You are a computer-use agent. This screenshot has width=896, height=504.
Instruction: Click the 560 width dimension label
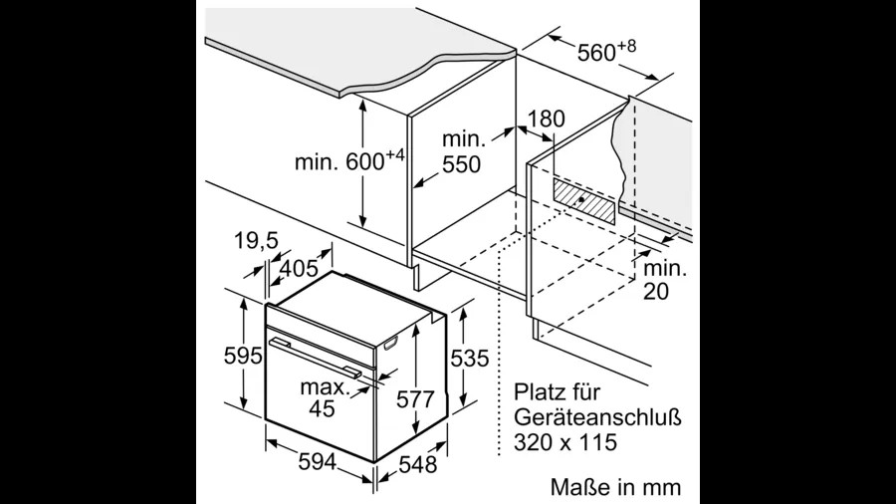click(x=606, y=50)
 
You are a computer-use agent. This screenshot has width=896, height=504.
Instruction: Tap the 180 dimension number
click(x=546, y=119)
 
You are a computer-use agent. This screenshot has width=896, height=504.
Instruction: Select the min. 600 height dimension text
click(x=349, y=160)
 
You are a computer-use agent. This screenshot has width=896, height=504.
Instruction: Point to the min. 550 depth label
click(x=462, y=152)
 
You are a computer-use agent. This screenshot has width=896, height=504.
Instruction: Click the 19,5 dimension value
click(x=256, y=241)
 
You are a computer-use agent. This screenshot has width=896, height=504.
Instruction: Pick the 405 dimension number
click(x=298, y=267)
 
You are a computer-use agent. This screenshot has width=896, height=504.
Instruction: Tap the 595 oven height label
click(x=243, y=356)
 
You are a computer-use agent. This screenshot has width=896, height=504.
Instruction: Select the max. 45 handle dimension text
click(x=325, y=397)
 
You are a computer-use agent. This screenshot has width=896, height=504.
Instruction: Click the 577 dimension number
click(x=415, y=398)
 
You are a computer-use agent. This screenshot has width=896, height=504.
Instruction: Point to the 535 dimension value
click(x=470, y=359)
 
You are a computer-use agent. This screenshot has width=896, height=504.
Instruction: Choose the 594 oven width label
click(x=318, y=461)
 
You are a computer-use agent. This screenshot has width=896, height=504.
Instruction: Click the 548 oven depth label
click(x=418, y=464)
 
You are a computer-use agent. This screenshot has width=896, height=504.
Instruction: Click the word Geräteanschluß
click(x=597, y=417)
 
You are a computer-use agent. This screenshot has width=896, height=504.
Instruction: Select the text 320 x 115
click(x=565, y=442)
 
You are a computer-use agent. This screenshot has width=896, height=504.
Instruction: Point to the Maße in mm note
click(x=616, y=487)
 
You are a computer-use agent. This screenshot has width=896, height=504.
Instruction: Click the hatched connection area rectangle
click(x=584, y=201)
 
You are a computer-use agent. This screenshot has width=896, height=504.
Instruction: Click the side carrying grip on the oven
click(x=391, y=343)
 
